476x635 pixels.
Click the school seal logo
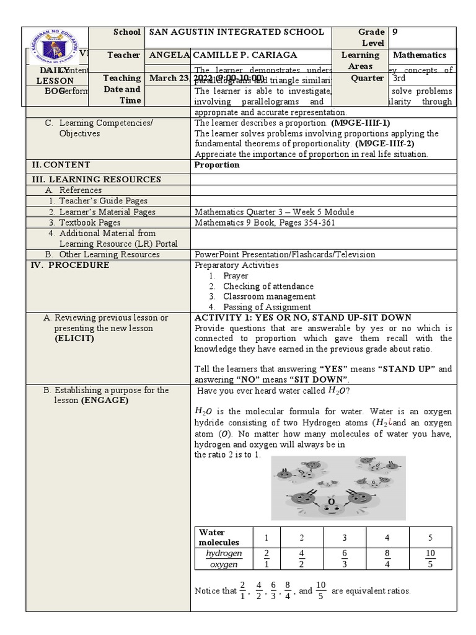pyautogui.click(x=56, y=49)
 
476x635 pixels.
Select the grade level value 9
pyautogui.click(x=395, y=32)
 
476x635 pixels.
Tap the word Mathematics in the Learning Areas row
pyautogui.click(x=420, y=55)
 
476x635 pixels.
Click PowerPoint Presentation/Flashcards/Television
pyautogui.click(x=284, y=254)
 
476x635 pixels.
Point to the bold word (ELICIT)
pyautogui.click(x=74, y=339)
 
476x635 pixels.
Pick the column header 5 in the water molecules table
pyautogui.click(x=430, y=537)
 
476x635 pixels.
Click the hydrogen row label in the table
pyautogui.click(x=224, y=553)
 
